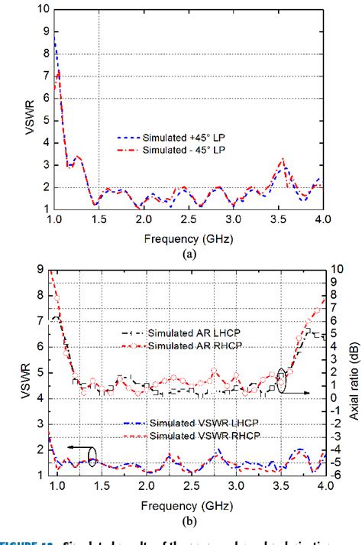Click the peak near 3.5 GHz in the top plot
click(x=283, y=160)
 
